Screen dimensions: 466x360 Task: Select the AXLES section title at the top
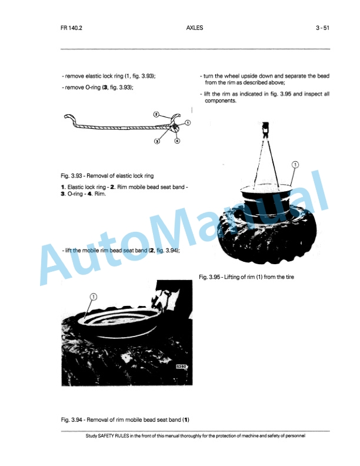click(194, 27)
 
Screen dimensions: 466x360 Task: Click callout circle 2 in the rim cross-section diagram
click(157, 115)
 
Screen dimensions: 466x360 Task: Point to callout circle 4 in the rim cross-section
click(177, 141)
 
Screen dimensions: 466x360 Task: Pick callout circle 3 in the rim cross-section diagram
click(158, 141)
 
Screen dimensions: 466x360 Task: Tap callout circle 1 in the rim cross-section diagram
click(188, 122)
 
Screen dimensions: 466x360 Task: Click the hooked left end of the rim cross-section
click(66, 120)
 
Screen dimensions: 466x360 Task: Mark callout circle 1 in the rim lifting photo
click(295, 165)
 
